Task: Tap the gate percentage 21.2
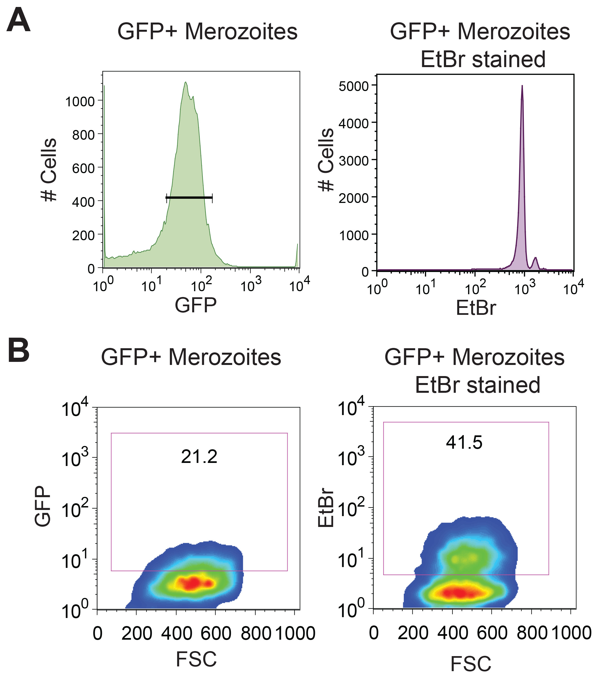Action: pyautogui.click(x=199, y=457)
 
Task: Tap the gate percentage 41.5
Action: pyautogui.click(x=464, y=442)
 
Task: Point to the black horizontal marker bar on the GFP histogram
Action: pyautogui.click(x=189, y=198)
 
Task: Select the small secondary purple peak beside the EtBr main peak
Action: pyautogui.click(x=535, y=259)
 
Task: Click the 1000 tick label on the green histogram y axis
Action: pyautogui.click(x=80, y=101)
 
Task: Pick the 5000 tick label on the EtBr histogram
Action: pyautogui.click(x=353, y=86)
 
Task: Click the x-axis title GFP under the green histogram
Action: pyautogui.click(x=195, y=305)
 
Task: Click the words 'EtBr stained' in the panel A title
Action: pyautogui.click(x=483, y=59)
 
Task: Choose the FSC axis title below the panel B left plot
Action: pyautogui.click(x=196, y=659)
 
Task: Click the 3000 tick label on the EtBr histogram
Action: pyautogui.click(x=353, y=161)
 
